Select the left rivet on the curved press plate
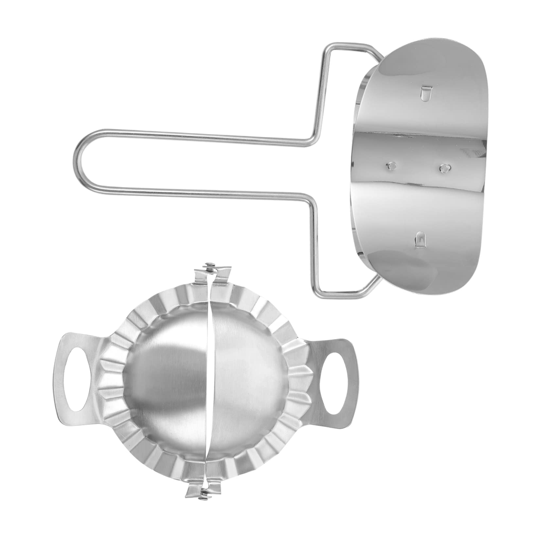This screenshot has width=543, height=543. [x=390, y=166]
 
